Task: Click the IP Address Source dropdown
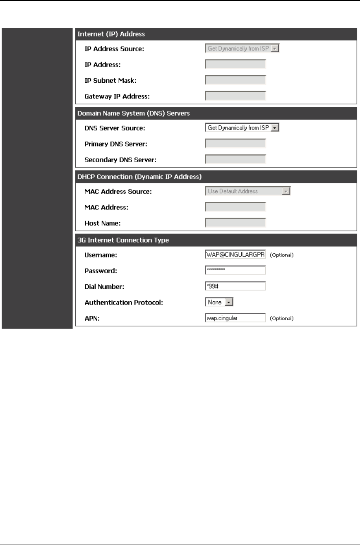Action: [x=242, y=49]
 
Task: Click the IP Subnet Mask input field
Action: [x=235, y=80]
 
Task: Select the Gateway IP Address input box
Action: [x=235, y=96]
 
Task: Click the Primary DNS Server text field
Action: [x=235, y=144]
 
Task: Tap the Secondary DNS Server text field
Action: [x=235, y=159]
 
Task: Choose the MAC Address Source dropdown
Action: [x=247, y=191]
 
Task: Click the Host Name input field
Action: [x=235, y=223]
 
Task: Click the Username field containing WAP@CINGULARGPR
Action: [x=235, y=254]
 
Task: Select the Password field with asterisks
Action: [x=235, y=270]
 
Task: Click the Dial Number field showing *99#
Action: [x=235, y=286]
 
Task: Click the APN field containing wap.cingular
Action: [x=235, y=318]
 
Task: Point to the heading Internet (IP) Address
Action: [x=111, y=34]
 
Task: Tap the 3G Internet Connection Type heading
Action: [x=124, y=240]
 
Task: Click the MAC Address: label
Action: [x=106, y=207]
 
